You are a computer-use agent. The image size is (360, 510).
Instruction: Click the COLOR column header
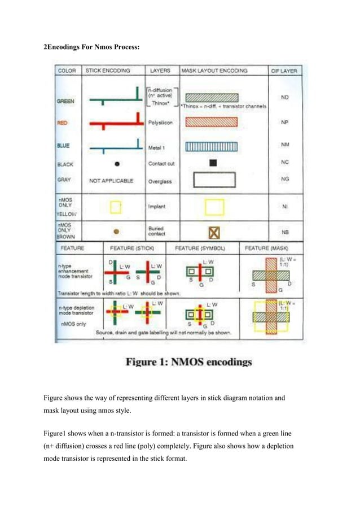tap(67, 71)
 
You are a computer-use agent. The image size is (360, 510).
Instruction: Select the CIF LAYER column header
tap(285, 71)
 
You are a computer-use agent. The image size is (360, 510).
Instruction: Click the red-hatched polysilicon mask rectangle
tap(212, 121)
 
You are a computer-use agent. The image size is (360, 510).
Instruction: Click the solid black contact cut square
tap(213, 164)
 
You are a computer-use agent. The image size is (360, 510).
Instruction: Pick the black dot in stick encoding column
tap(117, 164)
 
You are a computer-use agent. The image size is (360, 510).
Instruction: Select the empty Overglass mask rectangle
tap(213, 180)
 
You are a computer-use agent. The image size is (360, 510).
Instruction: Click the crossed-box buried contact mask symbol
tap(214, 232)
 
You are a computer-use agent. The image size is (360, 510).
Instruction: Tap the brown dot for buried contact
tap(116, 231)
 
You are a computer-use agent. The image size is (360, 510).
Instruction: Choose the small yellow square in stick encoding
tap(116, 207)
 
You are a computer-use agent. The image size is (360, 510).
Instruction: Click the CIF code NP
tap(285, 121)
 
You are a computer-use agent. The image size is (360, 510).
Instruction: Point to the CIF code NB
tap(285, 232)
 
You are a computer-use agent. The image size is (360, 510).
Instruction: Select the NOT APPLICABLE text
tap(112, 181)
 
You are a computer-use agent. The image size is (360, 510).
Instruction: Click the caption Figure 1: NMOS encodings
tap(188, 361)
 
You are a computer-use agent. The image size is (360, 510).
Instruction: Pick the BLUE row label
tap(64, 146)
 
